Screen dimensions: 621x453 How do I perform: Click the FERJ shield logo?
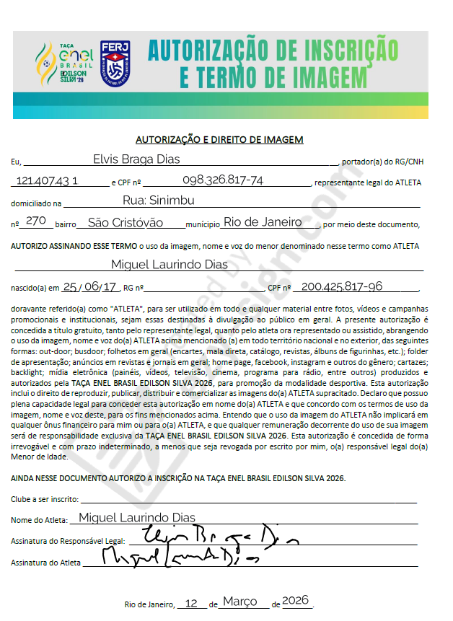(115, 61)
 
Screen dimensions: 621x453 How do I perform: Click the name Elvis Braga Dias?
(136, 159)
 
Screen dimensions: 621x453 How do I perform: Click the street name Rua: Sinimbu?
(158, 201)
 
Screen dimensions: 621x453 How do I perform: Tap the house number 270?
(35, 221)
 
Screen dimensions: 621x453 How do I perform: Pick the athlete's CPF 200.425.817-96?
(342, 286)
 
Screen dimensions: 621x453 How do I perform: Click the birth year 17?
(110, 286)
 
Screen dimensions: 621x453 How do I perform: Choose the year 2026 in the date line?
(295, 601)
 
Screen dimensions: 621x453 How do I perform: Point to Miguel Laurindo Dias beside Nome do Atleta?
(136, 517)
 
